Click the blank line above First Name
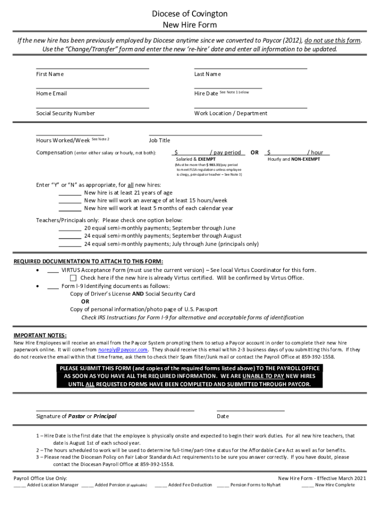click(92, 68)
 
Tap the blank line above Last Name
click(250, 68)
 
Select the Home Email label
click(51, 94)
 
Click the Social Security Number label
click(65, 113)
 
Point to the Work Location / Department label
click(230, 113)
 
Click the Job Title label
click(160, 141)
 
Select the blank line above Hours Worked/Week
click(70, 135)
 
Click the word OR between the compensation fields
click(254, 153)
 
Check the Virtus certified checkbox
click(74, 278)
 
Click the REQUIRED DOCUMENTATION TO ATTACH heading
click(88, 261)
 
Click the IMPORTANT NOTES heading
click(40, 335)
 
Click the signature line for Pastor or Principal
click(115, 409)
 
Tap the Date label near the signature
click(223, 416)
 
